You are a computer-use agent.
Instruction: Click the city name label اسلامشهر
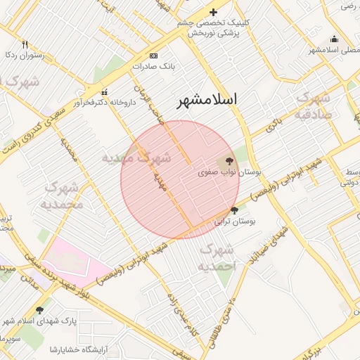tap(206, 99)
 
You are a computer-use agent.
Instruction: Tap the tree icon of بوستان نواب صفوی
tap(231, 161)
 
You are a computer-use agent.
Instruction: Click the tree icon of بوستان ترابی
tap(234, 210)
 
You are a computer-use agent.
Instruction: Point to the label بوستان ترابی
tap(238, 221)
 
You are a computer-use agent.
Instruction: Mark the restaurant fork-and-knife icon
tap(25, 44)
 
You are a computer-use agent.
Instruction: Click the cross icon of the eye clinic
tap(213, 12)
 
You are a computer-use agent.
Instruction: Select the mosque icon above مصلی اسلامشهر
tap(334, 39)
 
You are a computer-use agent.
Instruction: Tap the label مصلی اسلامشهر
tap(333, 50)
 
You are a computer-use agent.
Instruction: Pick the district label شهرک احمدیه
tap(216, 258)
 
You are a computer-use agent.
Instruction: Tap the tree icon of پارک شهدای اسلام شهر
tap(39, 309)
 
